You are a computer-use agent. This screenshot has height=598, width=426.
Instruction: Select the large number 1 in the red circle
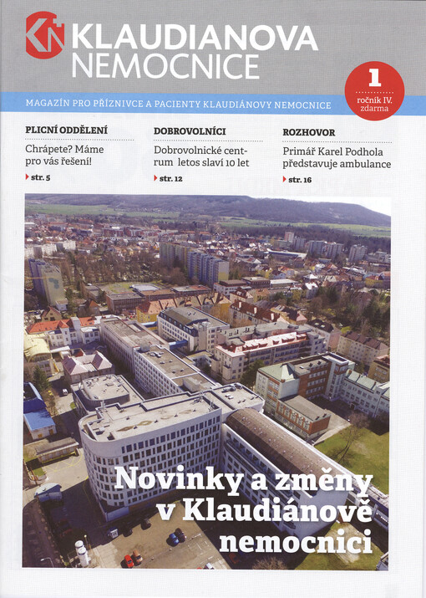(373, 79)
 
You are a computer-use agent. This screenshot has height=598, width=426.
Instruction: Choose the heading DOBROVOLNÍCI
(190, 131)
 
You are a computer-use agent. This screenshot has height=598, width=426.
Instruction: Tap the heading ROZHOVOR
(309, 131)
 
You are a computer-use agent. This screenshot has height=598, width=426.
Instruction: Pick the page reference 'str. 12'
(169, 178)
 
